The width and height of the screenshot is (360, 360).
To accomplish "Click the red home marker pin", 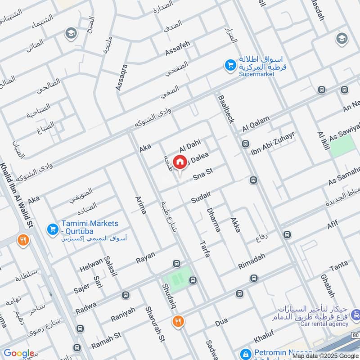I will [x=180, y=162].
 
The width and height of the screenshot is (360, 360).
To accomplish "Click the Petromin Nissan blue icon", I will [x=245, y=354].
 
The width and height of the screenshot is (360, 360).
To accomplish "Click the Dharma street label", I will [x=213, y=219].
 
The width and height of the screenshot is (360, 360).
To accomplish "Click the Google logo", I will [x=19, y=353].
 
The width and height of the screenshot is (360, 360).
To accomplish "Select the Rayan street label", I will [x=145, y=258].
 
